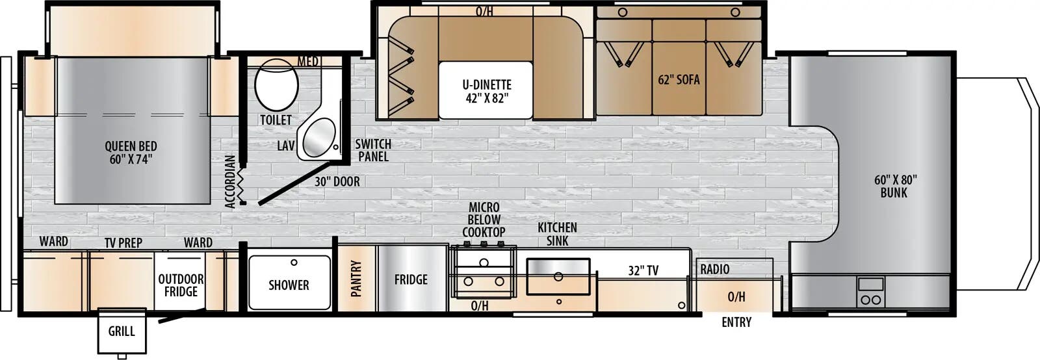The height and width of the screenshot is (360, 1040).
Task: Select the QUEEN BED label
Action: click(x=131, y=153)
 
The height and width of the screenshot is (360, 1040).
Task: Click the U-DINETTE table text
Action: click(x=487, y=91)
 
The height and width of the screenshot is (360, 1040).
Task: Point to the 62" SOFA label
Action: click(x=679, y=80)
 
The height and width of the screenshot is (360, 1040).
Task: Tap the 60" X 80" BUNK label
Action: click(x=894, y=186)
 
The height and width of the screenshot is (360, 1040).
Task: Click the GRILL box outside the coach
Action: click(x=121, y=331)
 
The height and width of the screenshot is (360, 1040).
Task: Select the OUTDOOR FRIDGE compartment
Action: click(x=181, y=285)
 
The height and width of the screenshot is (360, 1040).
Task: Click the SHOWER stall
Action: click(x=289, y=283)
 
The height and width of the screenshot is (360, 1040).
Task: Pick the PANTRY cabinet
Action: click(x=356, y=279)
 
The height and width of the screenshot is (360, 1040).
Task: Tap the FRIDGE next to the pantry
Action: click(x=411, y=279)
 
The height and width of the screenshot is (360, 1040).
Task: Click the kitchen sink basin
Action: click(x=558, y=277)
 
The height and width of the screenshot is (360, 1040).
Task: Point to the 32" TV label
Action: click(x=643, y=270)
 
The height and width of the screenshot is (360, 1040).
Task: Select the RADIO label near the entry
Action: click(x=714, y=269)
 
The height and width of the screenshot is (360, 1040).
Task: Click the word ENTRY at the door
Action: click(x=736, y=322)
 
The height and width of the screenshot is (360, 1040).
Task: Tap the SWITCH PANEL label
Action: click(x=373, y=150)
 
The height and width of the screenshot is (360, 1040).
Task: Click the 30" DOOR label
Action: click(x=337, y=182)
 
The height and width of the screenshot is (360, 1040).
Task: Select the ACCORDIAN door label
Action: click(x=229, y=181)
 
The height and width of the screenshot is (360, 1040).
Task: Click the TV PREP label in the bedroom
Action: click(x=123, y=242)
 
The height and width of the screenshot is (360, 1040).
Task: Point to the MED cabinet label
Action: click(x=308, y=61)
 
